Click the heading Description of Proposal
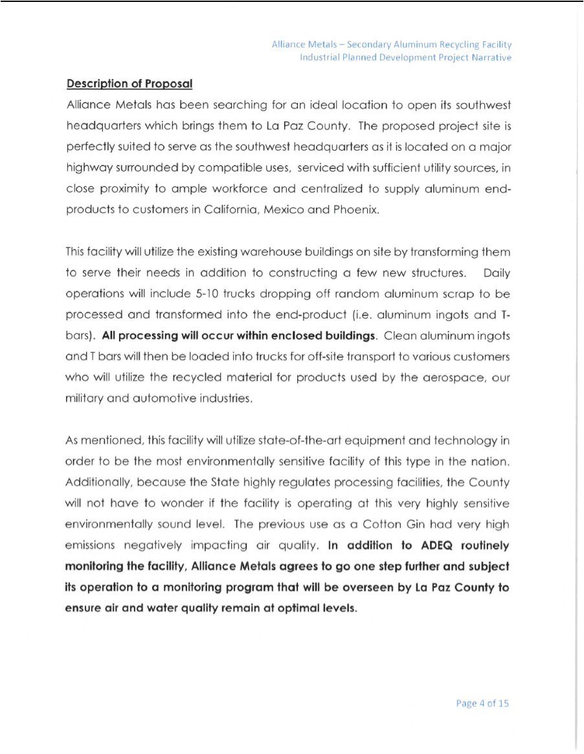(129, 83)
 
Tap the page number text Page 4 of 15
(482, 703)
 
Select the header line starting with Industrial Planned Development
(405, 58)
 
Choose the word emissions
(90, 546)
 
